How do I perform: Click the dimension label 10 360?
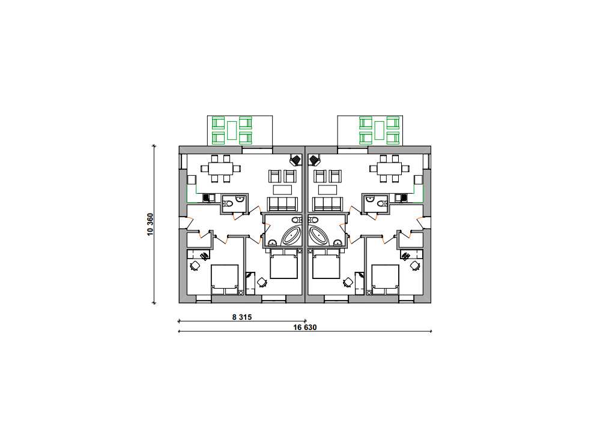[x=150, y=224]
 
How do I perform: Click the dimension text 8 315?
[x=242, y=317]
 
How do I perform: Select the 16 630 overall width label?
[x=305, y=327]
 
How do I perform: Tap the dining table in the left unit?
[x=220, y=169]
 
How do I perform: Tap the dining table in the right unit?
[x=390, y=169]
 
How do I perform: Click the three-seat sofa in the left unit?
[x=283, y=204]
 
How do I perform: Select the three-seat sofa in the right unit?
[x=327, y=204]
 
